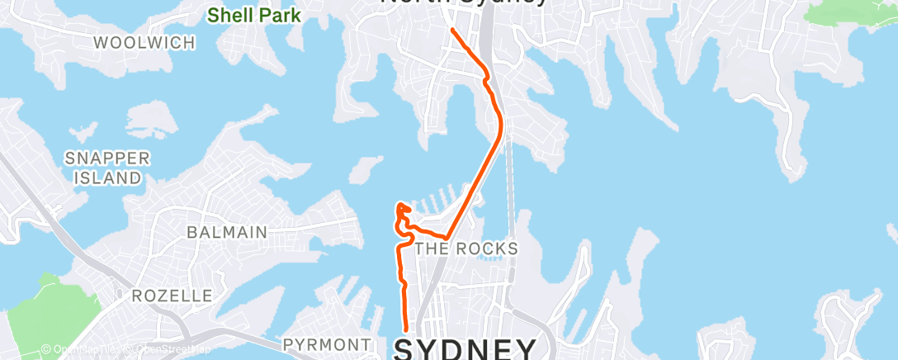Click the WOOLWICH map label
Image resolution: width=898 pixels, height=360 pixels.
click(x=144, y=43)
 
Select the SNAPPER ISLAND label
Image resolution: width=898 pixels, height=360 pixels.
click(x=108, y=168)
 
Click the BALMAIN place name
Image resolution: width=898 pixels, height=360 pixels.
click(x=227, y=233)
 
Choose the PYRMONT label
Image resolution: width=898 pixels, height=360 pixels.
click(x=327, y=343)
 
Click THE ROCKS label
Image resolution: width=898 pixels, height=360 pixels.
click(x=466, y=249)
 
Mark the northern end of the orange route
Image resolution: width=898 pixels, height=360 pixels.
click(x=452, y=30)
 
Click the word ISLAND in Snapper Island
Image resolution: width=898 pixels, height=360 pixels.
click(x=108, y=178)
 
